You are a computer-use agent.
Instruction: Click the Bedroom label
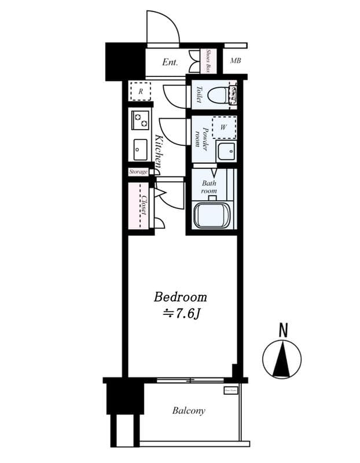pos(180,297)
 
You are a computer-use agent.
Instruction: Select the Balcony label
pos(188,411)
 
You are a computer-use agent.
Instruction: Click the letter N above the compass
pos(283,330)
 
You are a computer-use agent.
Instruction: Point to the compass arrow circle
pos(282,359)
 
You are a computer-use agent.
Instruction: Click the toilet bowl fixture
pos(218,95)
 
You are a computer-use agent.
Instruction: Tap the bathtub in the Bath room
pos(212,215)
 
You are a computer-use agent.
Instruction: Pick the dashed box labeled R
pos(140,91)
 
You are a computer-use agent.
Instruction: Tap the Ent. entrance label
pos(170,63)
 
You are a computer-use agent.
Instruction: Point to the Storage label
pos(138,172)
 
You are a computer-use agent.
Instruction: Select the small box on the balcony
pos(231,391)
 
